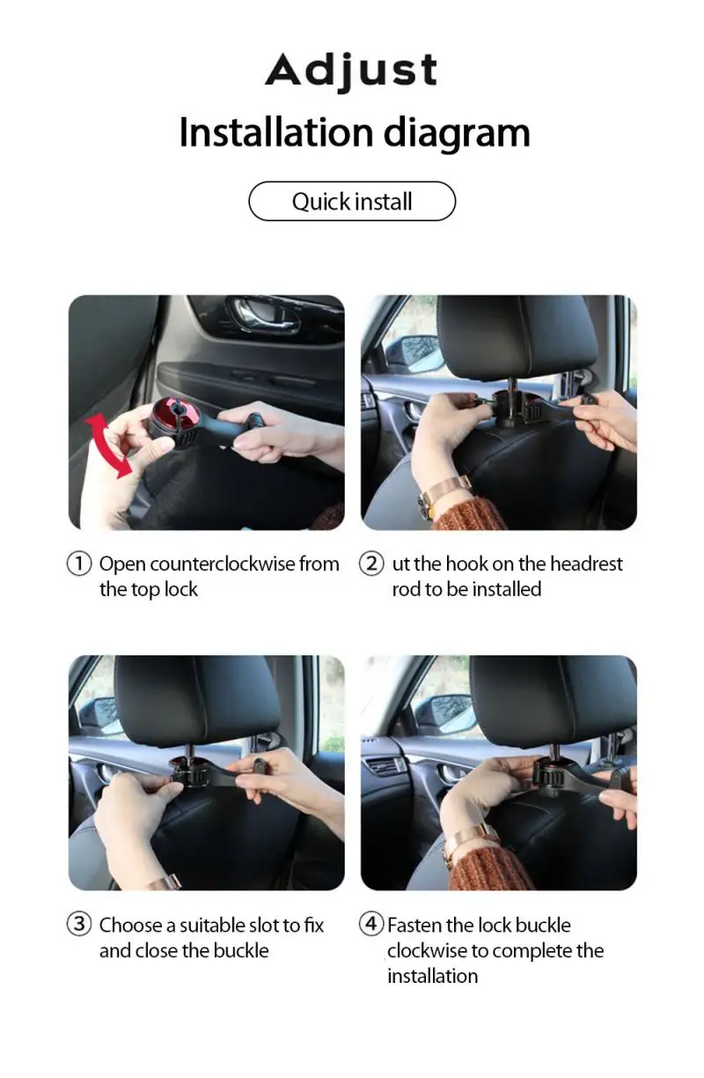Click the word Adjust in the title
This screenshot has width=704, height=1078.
351,70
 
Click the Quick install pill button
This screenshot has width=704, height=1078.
352,202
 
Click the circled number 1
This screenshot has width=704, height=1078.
79,564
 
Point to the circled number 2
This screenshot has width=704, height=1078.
371,564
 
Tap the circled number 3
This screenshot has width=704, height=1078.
79,925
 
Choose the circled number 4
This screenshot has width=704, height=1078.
371,925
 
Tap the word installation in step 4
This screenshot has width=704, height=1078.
432,976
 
